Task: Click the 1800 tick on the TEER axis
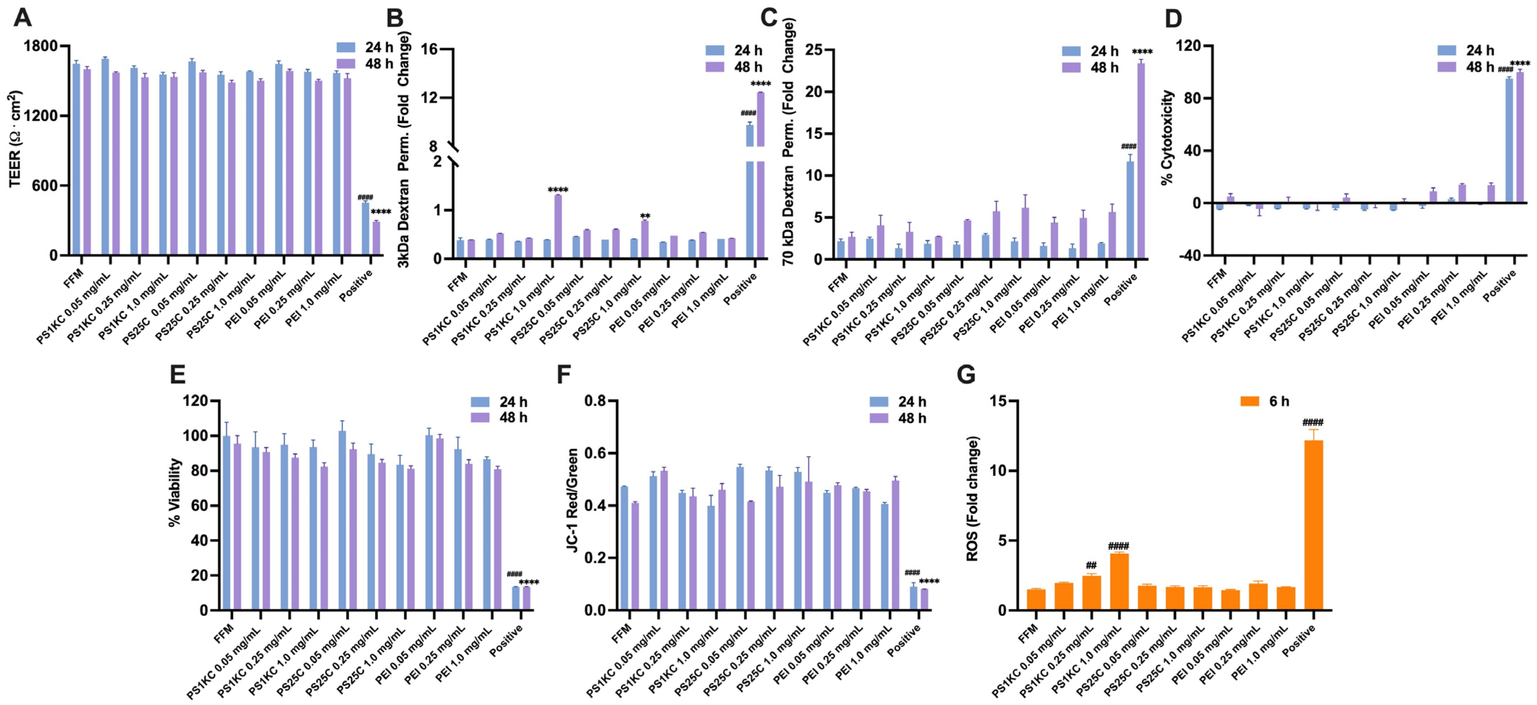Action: [x=41, y=46]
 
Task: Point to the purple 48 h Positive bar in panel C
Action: [x=1141, y=161]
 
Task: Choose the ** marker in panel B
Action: [x=645, y=216]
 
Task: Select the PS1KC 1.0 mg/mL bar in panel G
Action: [x=1119, y=582]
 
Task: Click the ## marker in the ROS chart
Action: [x=1091, y=565]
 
